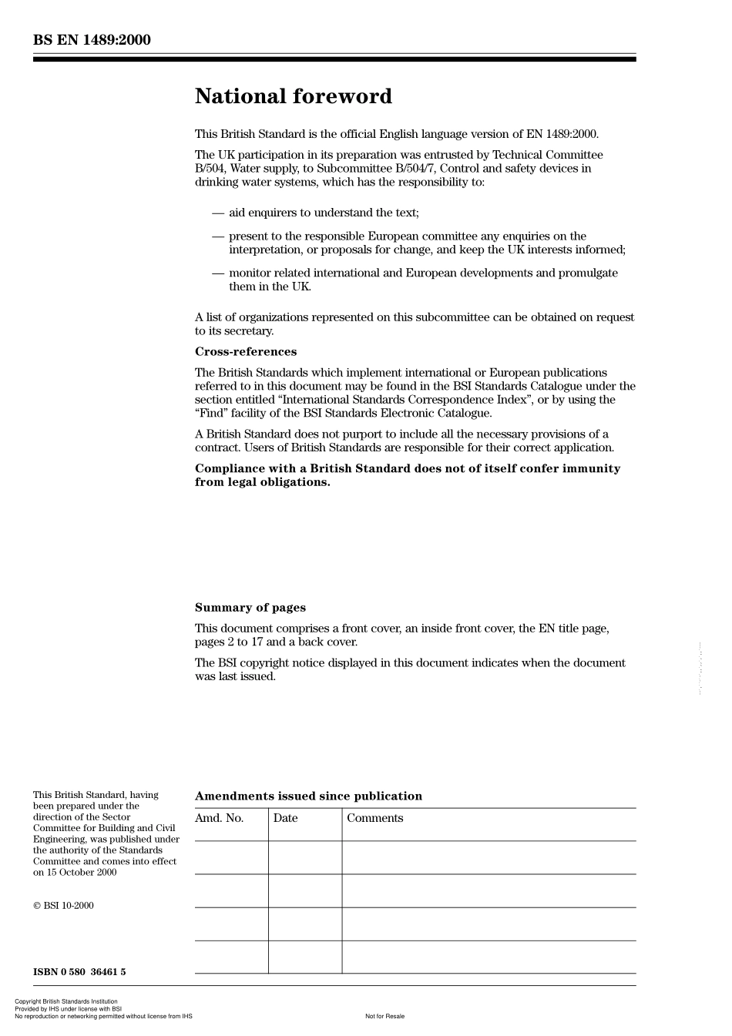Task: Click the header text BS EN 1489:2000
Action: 92,40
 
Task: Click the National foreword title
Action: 293,96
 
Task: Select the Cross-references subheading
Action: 245,351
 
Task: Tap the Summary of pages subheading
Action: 250,607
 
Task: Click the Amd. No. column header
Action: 219,818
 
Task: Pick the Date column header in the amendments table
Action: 285,818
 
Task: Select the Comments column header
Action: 374,818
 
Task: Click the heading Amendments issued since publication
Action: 308,796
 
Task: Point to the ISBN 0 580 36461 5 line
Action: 79,971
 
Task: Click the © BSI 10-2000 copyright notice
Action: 63,905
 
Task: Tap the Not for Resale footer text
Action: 384,1016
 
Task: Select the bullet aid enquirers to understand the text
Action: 324,213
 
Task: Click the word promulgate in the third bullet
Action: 590,273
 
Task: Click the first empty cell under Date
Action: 304,857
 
